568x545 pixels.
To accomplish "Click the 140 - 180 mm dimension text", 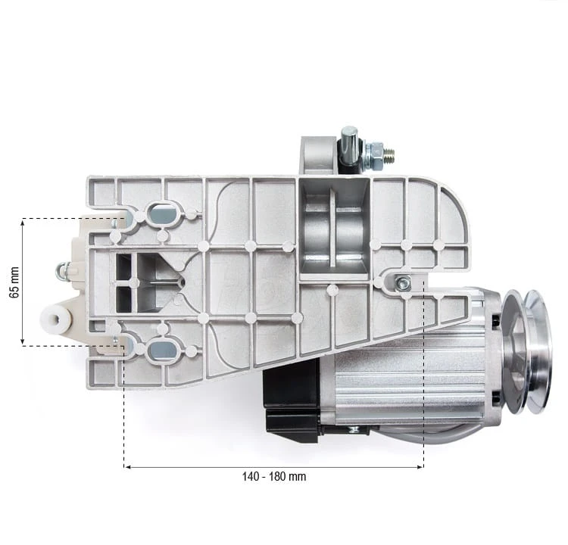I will click(274, 477).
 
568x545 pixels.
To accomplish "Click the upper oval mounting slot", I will click(161, 214).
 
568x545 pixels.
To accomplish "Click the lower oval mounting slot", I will click(161, 349).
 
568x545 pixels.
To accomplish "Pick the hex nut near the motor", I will click(403, 284).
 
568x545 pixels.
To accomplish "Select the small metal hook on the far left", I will click(62, 269).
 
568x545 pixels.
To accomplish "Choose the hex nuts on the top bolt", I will click(373, 155).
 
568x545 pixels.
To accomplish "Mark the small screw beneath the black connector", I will click(353, 430).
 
